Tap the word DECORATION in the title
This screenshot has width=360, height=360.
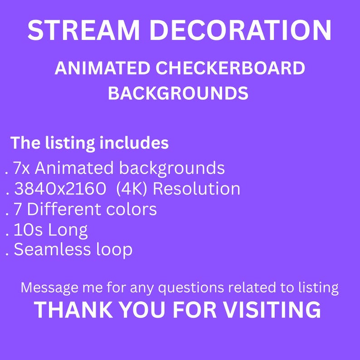(x=240, y=30)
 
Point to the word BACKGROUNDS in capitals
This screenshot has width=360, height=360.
(x=178, y=93)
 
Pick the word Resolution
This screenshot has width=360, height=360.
(x=196, y=189)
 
